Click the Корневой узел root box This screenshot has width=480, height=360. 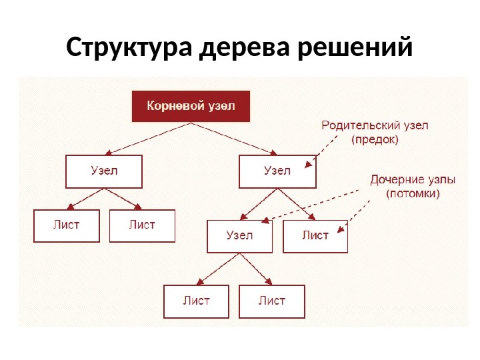191,106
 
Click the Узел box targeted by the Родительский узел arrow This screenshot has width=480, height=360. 277,171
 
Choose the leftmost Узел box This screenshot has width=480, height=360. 104,171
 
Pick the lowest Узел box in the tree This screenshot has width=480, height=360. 240,236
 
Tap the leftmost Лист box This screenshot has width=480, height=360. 67,225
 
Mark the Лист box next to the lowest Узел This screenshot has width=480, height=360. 315,236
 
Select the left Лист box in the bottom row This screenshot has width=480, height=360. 197,301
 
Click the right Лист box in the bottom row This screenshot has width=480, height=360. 272,301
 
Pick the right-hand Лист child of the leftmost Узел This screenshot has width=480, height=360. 142,225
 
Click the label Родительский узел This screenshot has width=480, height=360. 375,125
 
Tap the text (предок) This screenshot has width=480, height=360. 375,140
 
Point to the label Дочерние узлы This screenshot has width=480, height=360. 413,180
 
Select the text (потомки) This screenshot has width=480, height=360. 413,195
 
